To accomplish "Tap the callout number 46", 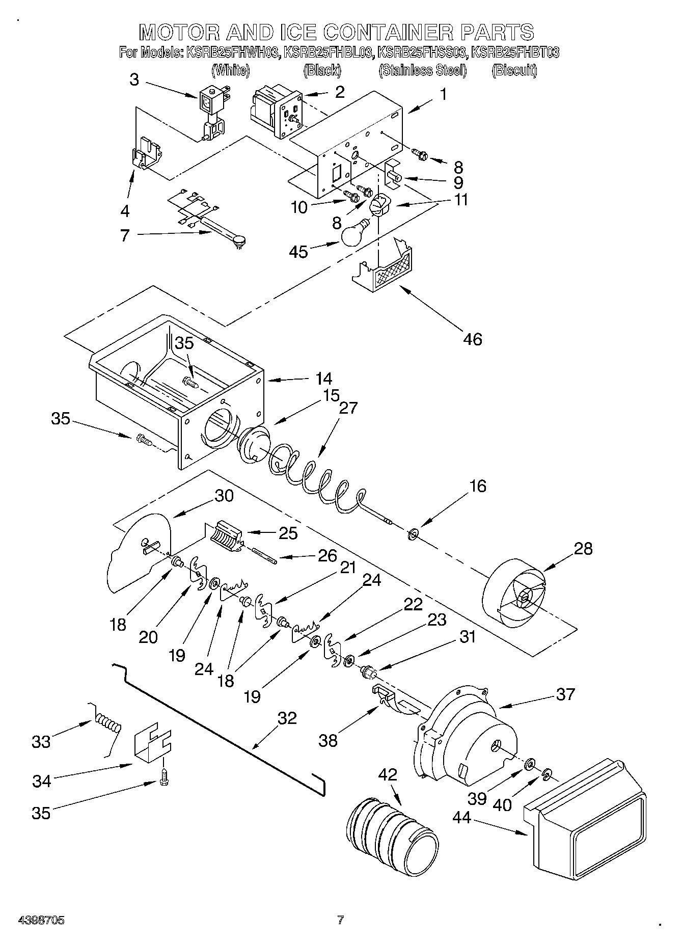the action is click(473, 338).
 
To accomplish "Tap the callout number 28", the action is click(583, 549).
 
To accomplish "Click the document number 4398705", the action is click(41, 920).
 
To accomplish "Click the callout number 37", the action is click(565, 694).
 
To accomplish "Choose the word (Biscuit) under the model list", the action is click(514, 70).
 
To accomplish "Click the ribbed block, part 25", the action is click(224, 535).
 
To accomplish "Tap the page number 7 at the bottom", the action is click(340, 920).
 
